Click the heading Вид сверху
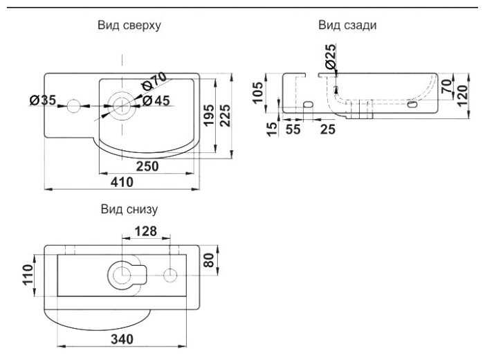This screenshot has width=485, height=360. point(131,26)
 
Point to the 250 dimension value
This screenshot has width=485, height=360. point(146,166)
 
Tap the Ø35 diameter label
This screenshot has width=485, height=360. point(43,101)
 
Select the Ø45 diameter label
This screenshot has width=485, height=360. point(156,101)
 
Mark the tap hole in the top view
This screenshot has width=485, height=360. point(74,106)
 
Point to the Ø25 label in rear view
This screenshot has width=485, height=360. point(330,55)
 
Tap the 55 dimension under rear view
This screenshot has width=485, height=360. point(293,129)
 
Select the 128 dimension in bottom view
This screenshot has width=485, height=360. point(146,231)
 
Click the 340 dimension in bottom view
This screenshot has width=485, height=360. point(122,339)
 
